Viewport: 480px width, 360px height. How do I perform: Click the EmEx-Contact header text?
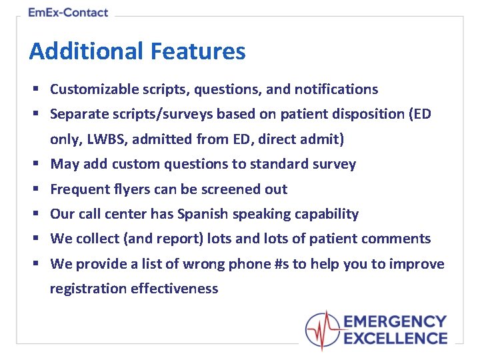pos(68,12)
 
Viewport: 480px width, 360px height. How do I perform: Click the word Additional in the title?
pos(86,51)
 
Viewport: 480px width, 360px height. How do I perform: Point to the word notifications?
pos(336,89)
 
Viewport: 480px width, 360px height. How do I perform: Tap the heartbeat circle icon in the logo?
pos(323,331)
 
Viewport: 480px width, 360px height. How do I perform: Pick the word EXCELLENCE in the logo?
pos(395,339)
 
